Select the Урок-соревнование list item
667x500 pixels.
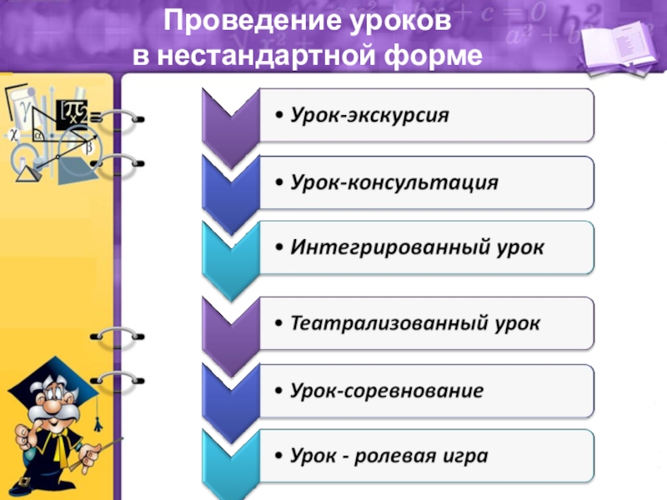(387, 389)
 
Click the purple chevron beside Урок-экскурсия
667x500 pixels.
(228, 117)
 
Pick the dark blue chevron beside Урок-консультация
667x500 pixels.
(228, 183)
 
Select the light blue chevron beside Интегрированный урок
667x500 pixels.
(228, 250)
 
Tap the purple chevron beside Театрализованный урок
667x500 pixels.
(228, 324)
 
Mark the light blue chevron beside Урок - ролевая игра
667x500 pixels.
(228, 457)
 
